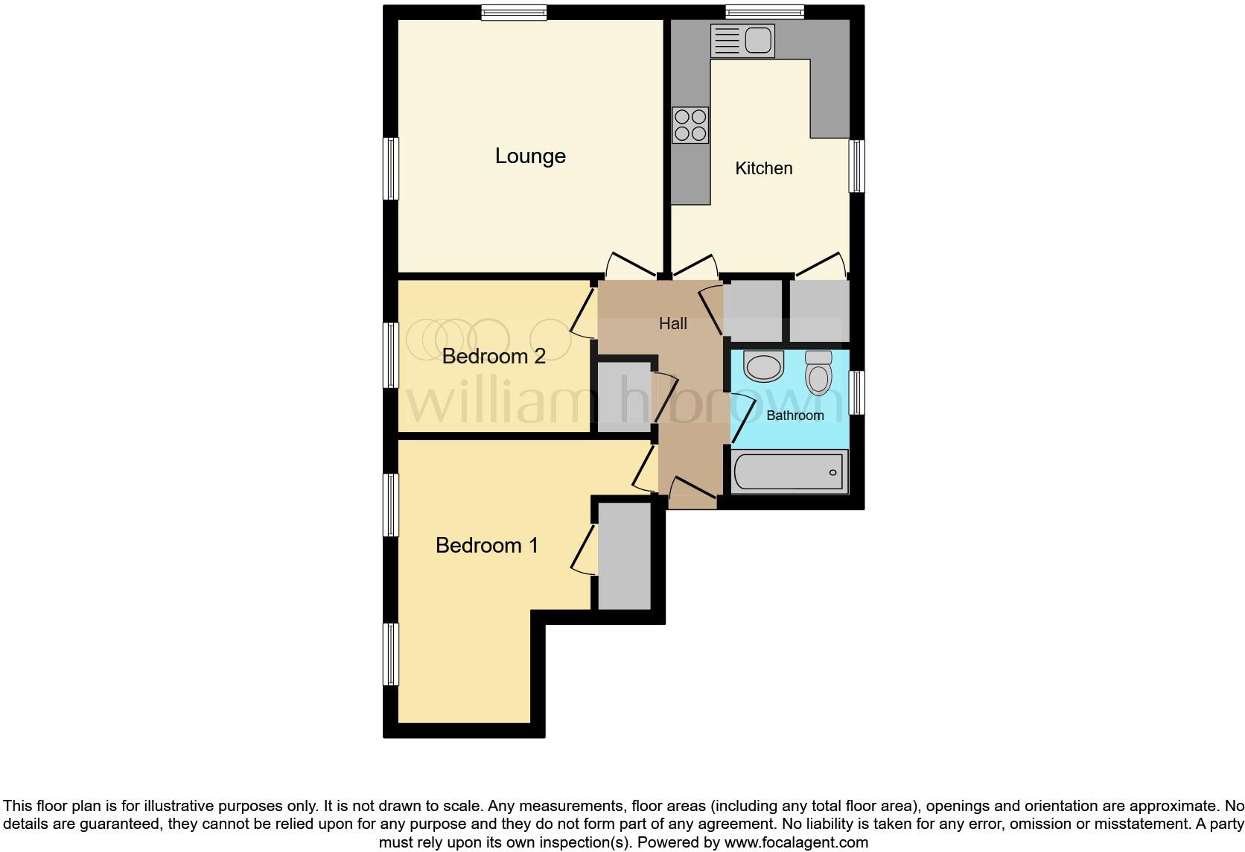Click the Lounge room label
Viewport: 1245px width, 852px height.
(530, 156)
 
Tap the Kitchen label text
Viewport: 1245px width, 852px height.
(763, 168)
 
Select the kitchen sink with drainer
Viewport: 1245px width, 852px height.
(742, 40)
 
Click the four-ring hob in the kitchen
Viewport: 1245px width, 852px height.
(690, 125)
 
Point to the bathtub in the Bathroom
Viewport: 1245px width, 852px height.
(789, 472)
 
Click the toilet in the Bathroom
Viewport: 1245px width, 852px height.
(818, 372)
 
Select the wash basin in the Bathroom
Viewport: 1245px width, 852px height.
(764, 366)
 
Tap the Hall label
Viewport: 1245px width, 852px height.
(672, 324)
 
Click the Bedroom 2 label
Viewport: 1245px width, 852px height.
(494, 356)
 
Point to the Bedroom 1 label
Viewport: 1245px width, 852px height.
(487, 545)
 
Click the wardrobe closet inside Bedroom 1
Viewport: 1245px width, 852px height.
(625, 556)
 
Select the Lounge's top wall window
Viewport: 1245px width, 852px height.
(513, 12)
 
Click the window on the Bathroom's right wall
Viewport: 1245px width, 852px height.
(857, 392)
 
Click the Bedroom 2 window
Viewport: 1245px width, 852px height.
(390, 355)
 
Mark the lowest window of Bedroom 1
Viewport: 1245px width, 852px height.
(390, 654)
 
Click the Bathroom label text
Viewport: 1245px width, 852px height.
(795, 416)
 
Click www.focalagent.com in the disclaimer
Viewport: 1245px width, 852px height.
(795, 842)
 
